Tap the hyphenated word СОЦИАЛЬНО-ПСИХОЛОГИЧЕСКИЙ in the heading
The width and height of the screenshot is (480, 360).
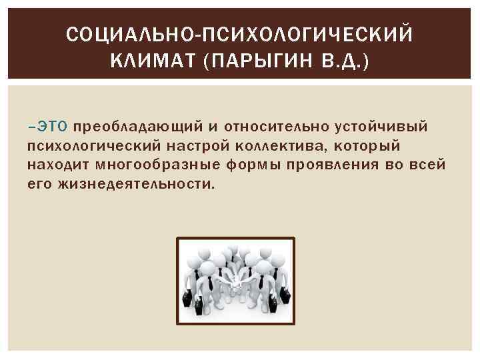tap(239, 34)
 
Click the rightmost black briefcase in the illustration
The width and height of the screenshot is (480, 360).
tap(284, 294)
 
